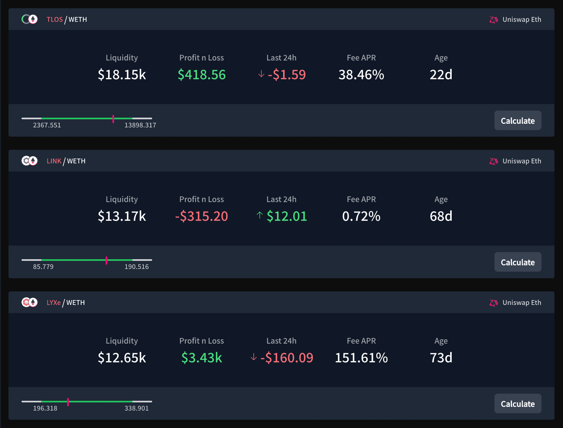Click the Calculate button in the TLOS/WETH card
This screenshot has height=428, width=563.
coord(518,120)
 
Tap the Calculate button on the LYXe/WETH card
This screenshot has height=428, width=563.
coord(518,404)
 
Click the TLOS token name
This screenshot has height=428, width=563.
coord(55,20)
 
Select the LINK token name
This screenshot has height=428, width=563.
coord(54,161)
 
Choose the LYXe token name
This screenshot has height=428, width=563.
coord(54,303)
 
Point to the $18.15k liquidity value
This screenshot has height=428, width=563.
coord(122,74)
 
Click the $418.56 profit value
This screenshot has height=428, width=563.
coord(202,74)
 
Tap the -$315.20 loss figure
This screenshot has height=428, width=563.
coord(202,216)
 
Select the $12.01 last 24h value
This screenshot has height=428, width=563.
coord(287,216)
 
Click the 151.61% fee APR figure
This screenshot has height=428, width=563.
coord(361,358)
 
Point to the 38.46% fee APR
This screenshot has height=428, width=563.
coord(361,74)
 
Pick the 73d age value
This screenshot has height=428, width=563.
coord(441,358)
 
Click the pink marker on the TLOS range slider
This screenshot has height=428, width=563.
coord(113,119)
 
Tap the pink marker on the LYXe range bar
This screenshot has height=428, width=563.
coord(68,402)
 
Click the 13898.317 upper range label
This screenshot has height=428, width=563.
coord(140,125)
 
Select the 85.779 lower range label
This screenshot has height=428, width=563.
coord(43,267)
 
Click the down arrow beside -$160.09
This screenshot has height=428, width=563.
coord(254,357)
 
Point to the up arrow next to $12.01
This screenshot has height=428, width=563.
coord(260,215)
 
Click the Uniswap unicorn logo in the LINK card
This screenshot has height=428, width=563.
coord(494,161)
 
